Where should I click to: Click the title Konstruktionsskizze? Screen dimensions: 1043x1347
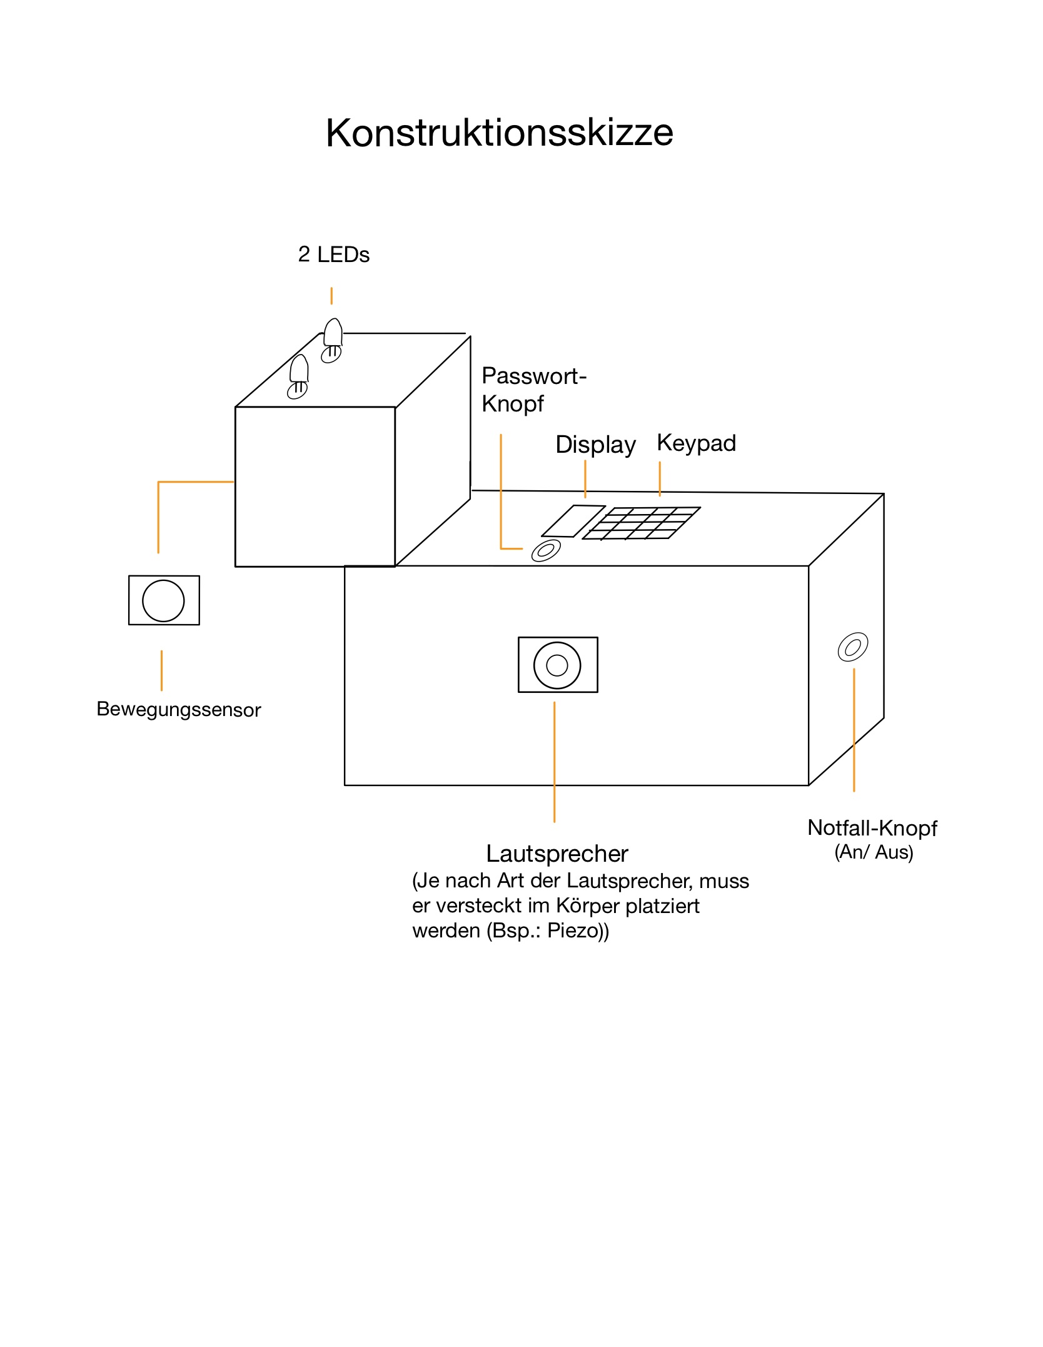pos(499,133)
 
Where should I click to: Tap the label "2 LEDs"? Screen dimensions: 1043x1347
pos(334,255)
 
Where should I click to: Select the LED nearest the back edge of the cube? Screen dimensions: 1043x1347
pos(332,340)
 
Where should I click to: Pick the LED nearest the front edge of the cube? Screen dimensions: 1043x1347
pos(298,376)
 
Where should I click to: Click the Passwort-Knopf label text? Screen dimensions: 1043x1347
pos(534,390)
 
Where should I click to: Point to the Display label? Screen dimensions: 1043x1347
pos(595,445)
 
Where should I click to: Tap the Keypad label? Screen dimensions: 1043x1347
pos(697,443)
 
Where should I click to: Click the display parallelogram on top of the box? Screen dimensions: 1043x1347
pos(573,521)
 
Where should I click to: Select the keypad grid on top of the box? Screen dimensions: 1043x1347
pos(642,523)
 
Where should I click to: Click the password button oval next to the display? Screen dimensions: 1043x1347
pos(545,551)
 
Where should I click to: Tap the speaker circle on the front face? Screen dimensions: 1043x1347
pos(557,665)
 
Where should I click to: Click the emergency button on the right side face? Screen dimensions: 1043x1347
pos(853,647)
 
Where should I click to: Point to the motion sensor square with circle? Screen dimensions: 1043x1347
pos(164,600)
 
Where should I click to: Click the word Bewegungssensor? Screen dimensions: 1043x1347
pos(179,710)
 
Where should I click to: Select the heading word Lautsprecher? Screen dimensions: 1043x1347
pos(557,854)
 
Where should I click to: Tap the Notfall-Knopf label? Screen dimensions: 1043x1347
pos(872,828)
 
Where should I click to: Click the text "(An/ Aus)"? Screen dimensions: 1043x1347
pos(874,852)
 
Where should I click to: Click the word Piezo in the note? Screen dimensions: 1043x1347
pos(572,931)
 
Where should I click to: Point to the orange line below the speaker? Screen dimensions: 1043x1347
pos(555,762)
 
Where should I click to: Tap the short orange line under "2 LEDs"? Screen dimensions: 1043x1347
pos(331,296)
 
